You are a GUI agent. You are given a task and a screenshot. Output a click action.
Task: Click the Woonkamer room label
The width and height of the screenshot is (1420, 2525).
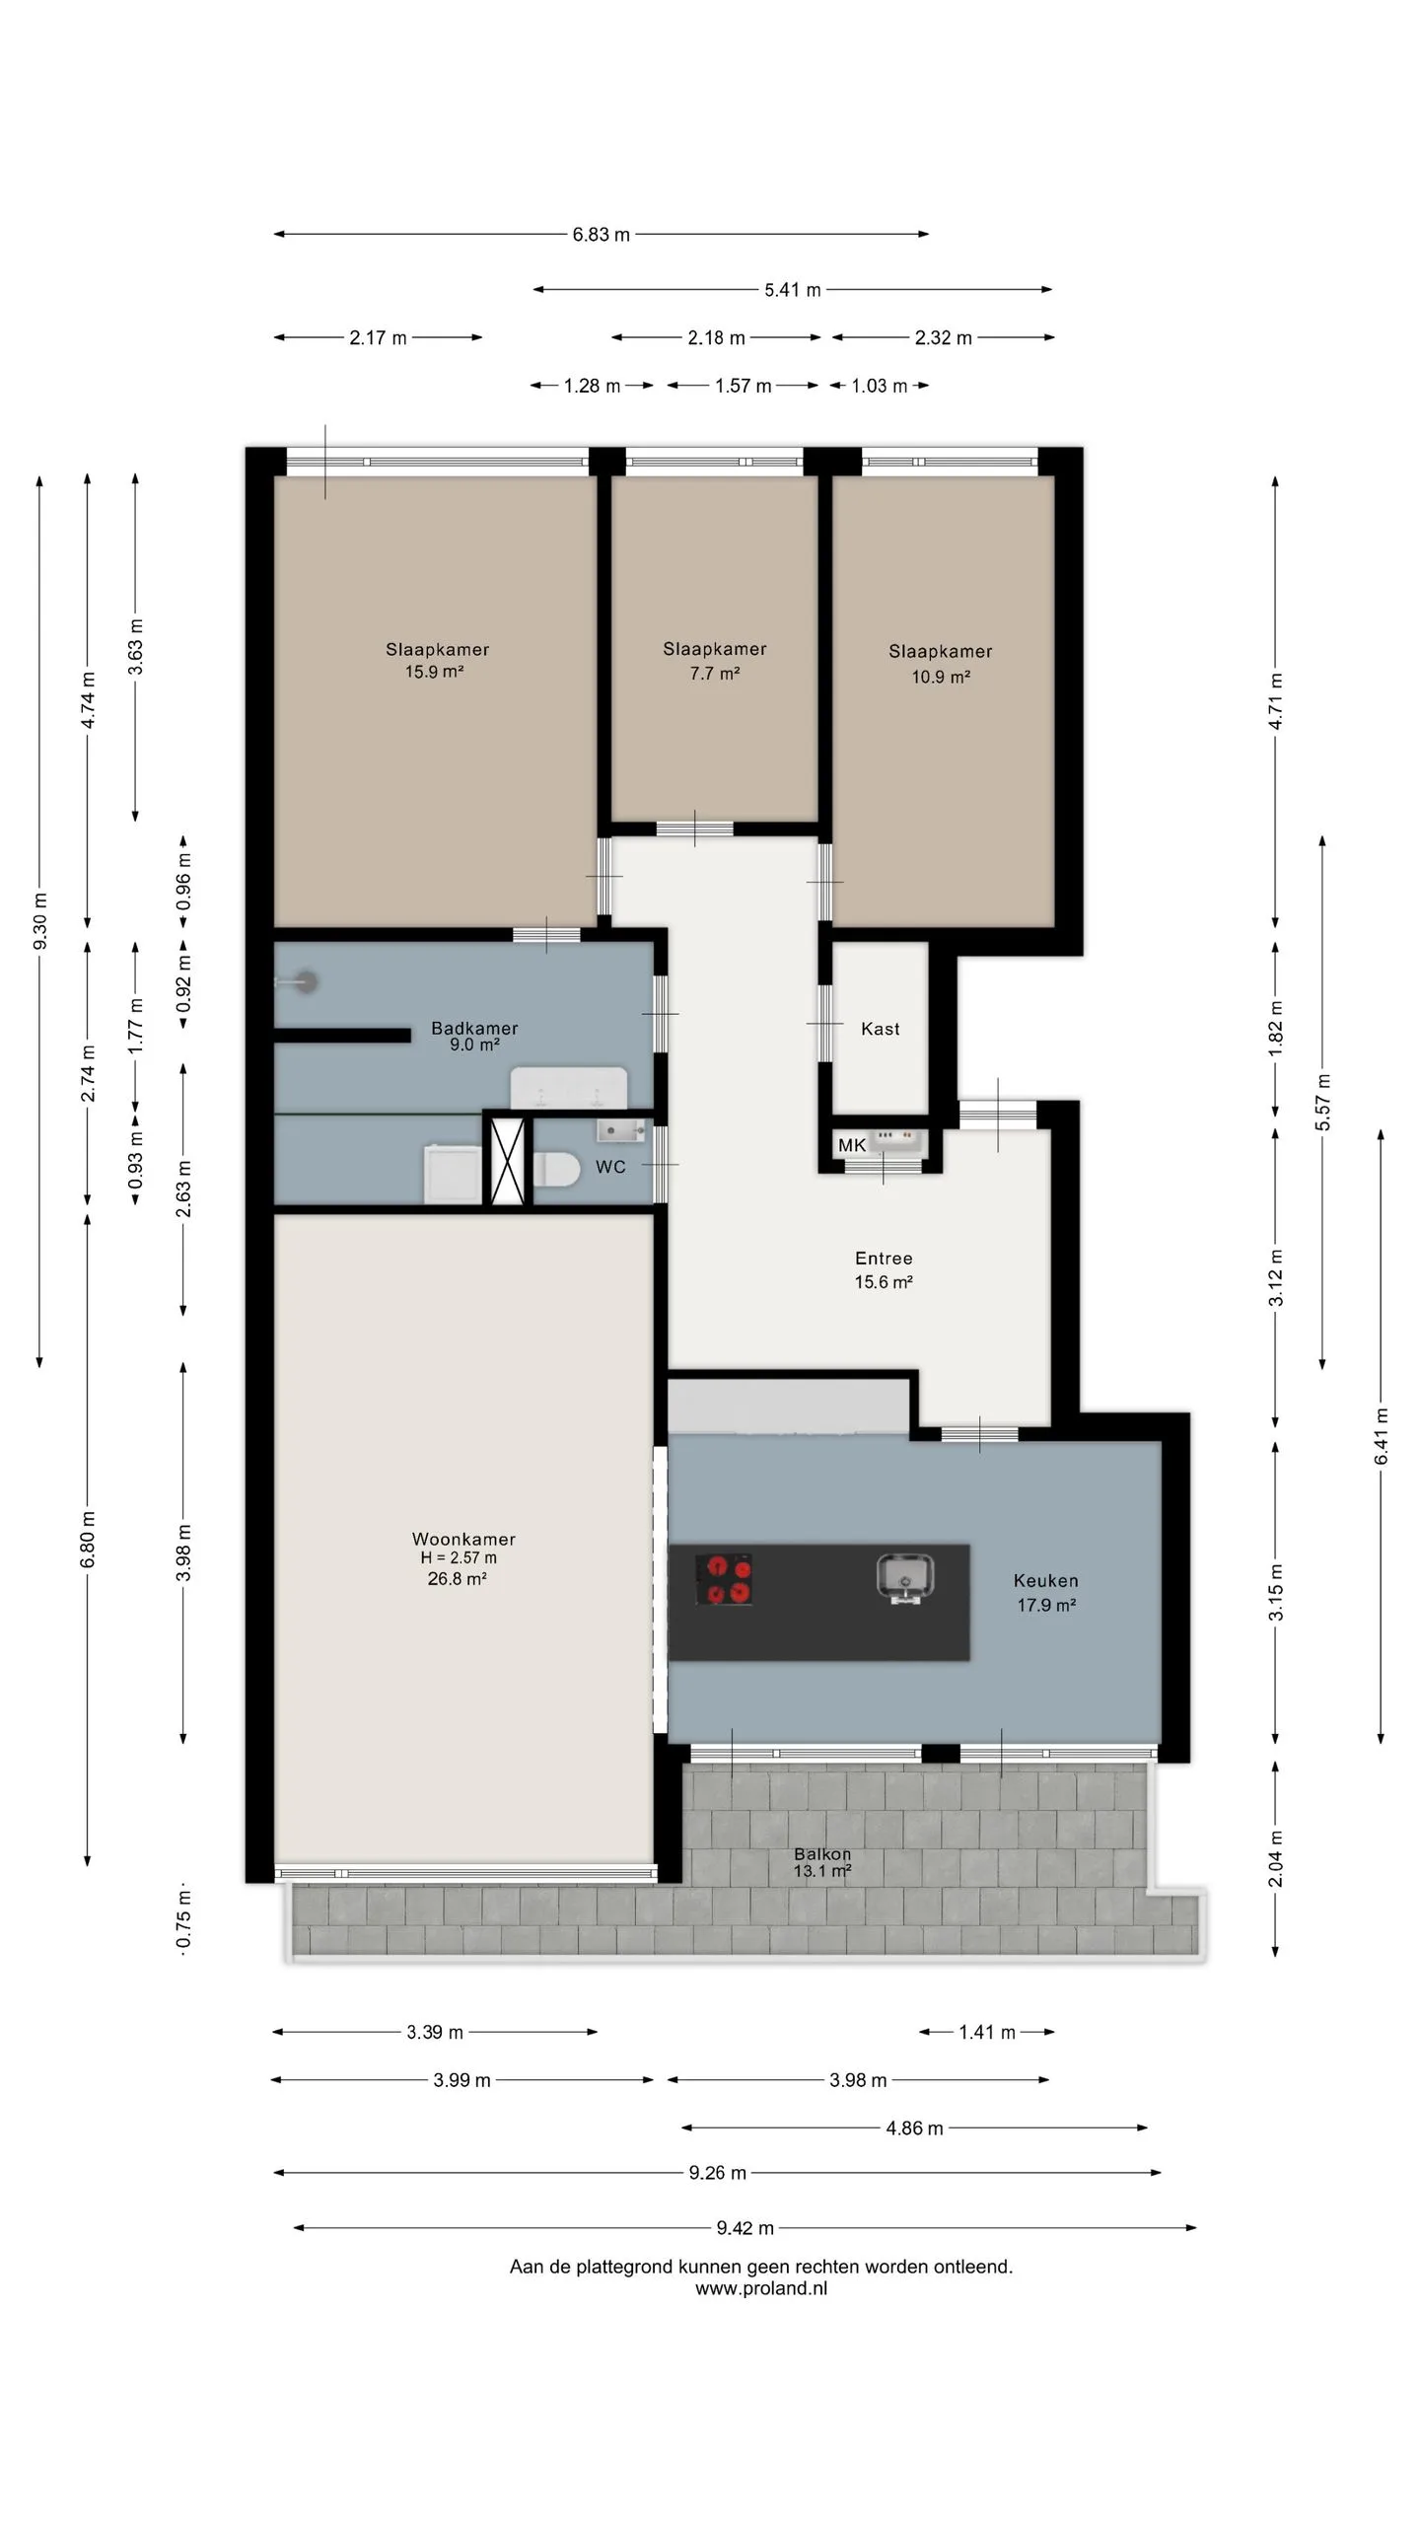point(463,1539)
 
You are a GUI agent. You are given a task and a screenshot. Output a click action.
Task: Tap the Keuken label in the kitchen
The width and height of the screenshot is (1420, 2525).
point(1045,1580)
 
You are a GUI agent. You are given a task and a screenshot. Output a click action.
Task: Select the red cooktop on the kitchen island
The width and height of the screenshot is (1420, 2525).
point(724,1579)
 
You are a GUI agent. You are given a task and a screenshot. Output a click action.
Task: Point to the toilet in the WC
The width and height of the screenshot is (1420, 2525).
point(556,1170)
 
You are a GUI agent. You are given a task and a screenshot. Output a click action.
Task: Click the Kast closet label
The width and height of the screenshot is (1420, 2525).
point(880,1029)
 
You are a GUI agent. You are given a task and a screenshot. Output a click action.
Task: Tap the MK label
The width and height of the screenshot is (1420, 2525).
point(851,1145)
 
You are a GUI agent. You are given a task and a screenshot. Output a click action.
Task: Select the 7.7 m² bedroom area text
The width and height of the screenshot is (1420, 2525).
point(715,674)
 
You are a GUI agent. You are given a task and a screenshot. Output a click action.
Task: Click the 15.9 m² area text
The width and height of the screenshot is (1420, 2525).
point(434,672)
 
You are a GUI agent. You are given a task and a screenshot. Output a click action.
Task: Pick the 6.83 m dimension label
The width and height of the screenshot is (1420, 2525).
point(601,235)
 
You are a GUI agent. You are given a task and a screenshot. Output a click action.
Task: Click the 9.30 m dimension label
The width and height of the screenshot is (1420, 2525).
point(39,921)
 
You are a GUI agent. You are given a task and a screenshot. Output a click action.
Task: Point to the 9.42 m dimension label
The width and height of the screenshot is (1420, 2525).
point(745,2227)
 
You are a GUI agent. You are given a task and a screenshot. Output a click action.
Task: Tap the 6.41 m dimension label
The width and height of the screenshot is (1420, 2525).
point(1381,1436)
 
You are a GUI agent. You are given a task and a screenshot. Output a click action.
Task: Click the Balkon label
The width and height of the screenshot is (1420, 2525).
point(821,1853)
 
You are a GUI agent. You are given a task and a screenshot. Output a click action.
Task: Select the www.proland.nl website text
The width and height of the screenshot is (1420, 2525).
point(761,2288)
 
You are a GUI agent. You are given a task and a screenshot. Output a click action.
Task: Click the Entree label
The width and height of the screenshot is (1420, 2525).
point(884,1258)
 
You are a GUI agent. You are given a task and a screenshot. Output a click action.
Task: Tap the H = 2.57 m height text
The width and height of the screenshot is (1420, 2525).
point(459,1558)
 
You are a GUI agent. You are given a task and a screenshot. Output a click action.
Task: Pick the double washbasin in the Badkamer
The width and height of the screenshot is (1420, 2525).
point(569,1088)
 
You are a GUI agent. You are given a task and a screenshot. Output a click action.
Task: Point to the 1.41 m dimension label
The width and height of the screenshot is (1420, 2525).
point(986,2032)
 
